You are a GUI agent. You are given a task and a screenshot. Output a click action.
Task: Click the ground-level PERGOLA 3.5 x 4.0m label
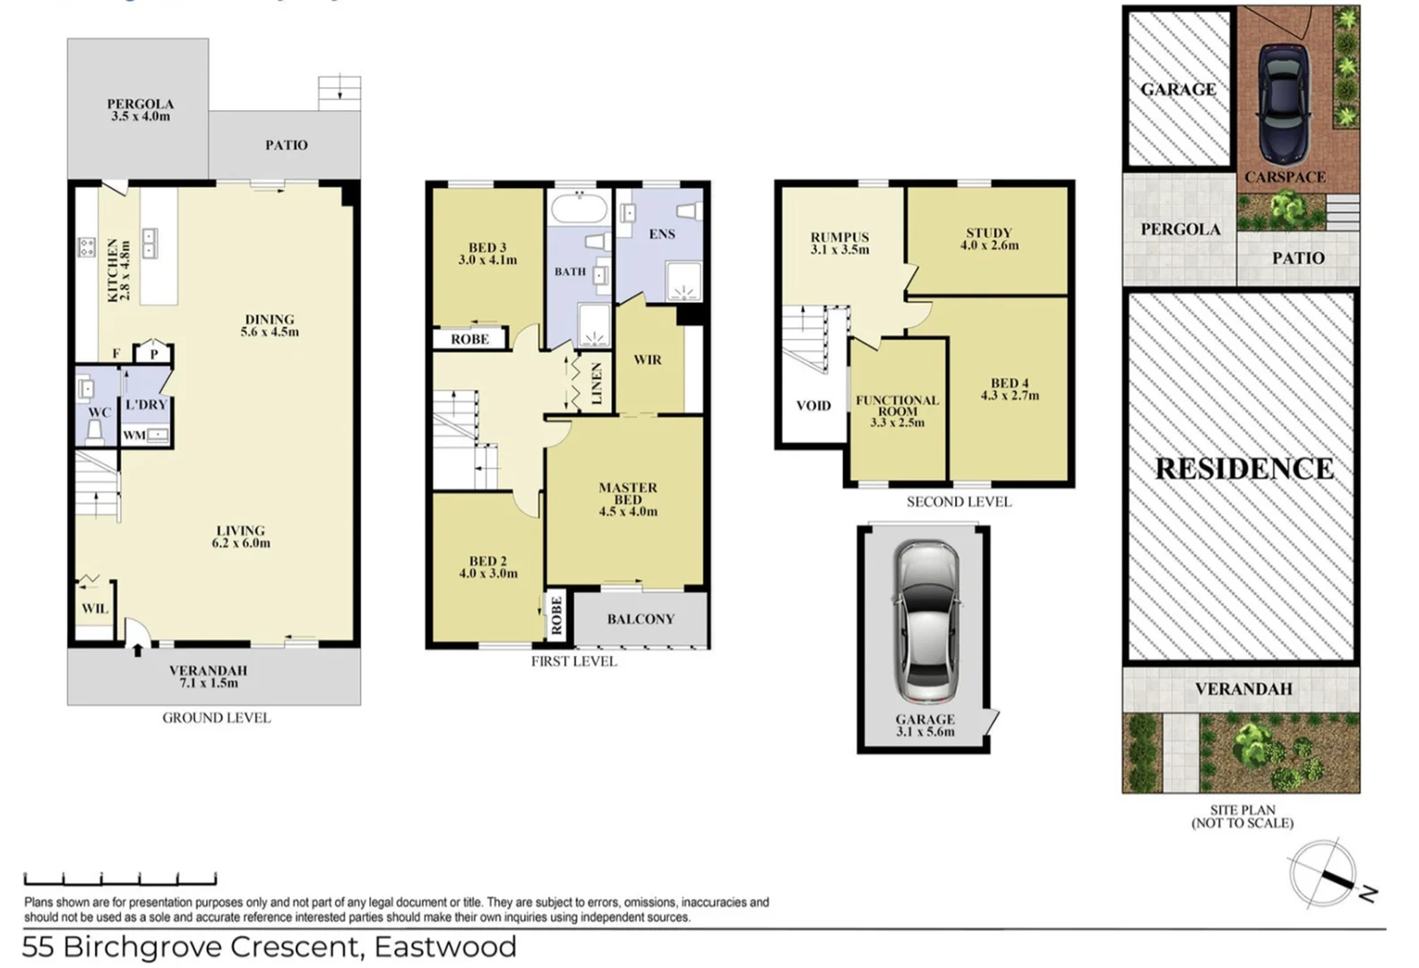tap(140, 109)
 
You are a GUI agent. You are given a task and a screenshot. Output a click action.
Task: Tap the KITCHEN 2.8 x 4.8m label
tap(118, 270)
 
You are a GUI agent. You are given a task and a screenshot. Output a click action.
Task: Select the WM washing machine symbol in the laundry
tap(158, 436)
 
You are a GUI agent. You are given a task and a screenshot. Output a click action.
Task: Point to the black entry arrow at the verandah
tap(137, 649)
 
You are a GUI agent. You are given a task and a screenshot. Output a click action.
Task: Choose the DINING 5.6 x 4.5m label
tap(269, 325)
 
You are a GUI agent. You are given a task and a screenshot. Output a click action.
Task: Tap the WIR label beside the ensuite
tap(647, 360)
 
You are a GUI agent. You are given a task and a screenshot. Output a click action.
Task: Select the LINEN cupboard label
tap(598, 385)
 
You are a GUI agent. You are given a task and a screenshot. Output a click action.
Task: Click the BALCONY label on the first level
tap(640, 619)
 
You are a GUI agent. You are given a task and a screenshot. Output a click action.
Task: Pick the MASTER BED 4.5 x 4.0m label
tap(627, 499)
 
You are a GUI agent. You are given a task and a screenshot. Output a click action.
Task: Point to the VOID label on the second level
tap(813, 406)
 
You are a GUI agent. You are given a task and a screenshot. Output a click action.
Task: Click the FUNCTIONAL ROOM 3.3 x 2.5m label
tap(897, 411)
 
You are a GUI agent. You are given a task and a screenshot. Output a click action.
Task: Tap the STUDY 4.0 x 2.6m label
tap(988, 238)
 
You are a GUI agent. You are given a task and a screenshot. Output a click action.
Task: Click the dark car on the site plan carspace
tap(1280, 99)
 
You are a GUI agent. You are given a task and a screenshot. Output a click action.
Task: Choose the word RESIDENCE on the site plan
tap(1243, 469)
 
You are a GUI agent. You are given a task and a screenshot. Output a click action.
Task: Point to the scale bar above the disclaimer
tap(120, 879)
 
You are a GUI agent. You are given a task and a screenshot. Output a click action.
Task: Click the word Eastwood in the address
tap(445, 947)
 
